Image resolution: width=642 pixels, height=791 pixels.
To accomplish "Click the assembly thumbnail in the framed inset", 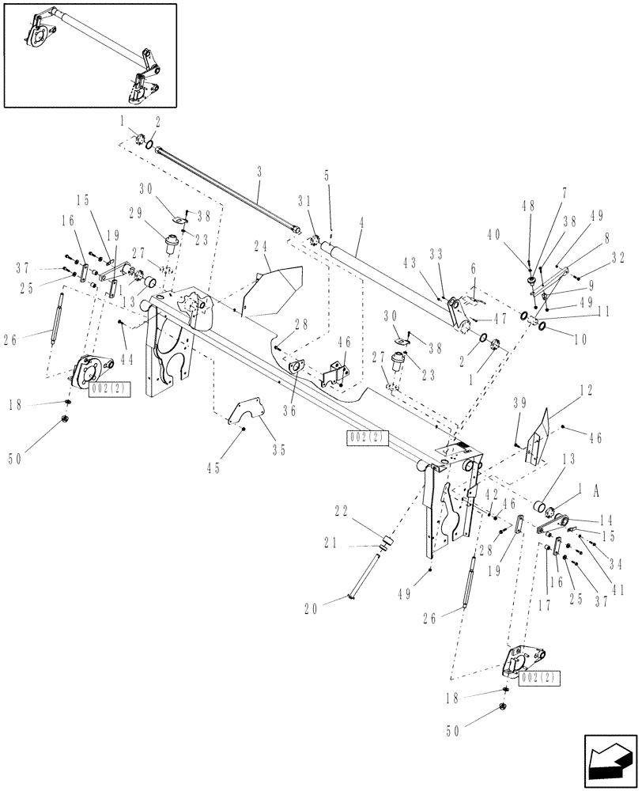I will tap(90, 55).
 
